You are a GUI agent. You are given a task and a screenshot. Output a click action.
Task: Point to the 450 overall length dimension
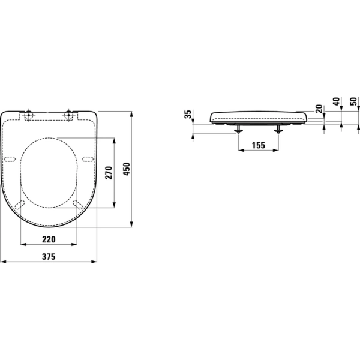coord(127,170)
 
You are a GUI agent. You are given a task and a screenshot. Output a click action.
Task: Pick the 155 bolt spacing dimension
coord(258,145)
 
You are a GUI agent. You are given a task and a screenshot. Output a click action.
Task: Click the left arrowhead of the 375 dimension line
coord(2,262)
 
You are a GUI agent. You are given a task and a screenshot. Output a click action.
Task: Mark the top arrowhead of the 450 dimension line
coord(132,113)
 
